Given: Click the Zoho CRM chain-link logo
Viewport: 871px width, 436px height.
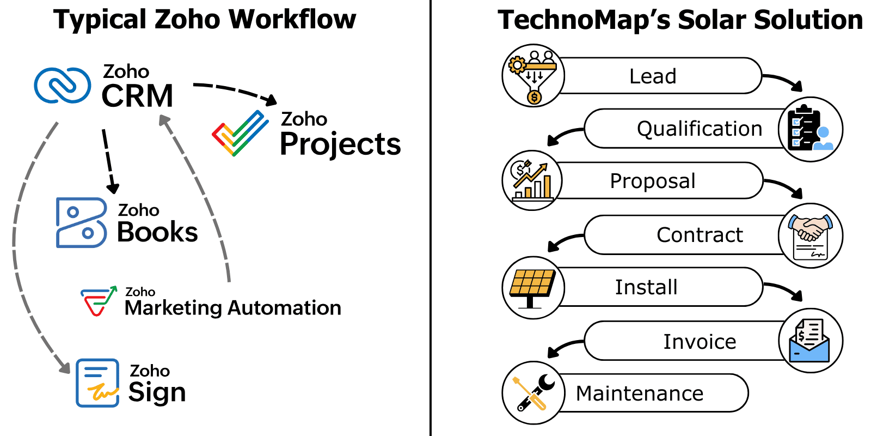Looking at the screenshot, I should tap(63, 85).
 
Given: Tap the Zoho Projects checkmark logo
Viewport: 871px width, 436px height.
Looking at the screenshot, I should tap(240, 133).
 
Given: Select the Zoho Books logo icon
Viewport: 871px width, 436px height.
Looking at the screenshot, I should tap(82, 222).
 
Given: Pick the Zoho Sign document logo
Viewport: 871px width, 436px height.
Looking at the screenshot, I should tap(97, 383).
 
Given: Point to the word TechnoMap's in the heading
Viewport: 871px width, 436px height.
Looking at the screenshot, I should tap(584, 21).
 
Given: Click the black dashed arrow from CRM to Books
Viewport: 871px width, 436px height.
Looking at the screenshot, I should tap(109, 161).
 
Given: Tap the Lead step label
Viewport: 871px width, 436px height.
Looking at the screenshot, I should tap(653, 76).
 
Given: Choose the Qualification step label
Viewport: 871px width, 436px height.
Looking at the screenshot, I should tap(700, 129).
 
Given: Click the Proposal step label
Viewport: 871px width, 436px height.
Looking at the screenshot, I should tap(653, 181).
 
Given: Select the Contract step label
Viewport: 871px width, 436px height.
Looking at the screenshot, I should tap(700, 235).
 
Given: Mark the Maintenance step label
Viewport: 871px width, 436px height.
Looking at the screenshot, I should tap(640, 393).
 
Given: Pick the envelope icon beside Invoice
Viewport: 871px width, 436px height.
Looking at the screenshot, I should tap(811, 341).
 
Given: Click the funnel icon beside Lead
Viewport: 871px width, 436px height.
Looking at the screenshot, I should tap(533, 75).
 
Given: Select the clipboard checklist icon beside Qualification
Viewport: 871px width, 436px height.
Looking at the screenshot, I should tap(811, 129).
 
